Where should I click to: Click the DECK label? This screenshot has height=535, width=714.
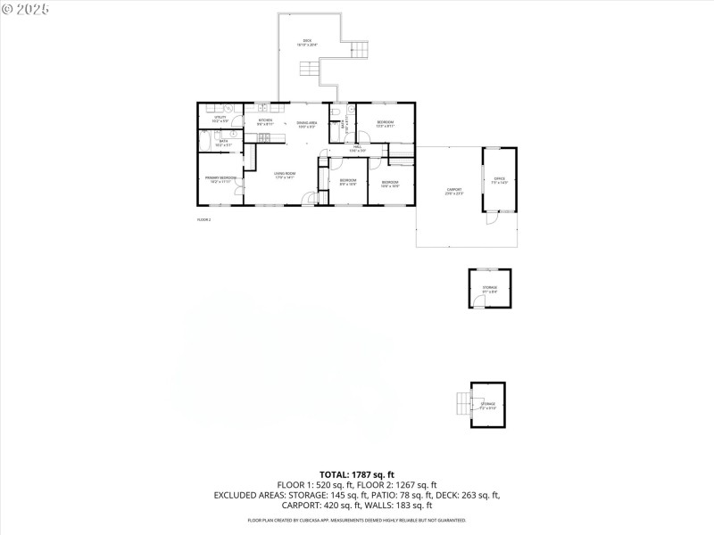(308, 41)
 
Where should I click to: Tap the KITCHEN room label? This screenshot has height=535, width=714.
(265, 121)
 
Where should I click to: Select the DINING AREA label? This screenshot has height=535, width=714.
(307, 124)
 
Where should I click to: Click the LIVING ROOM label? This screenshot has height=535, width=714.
(285, 175)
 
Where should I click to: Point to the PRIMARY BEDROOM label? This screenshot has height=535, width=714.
(220, 179)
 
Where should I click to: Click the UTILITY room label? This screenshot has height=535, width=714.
(220, 119)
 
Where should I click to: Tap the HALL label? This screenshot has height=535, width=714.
(357, 148)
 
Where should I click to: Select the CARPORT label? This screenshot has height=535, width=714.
(454, 191)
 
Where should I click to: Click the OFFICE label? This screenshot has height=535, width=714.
(500, 180)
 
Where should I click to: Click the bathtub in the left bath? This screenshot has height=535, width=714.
(204, 142)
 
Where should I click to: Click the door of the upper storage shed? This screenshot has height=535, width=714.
(479, 303)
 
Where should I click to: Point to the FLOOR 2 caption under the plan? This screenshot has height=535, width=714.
(203, 219)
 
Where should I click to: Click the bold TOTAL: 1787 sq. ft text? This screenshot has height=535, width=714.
(356, 474)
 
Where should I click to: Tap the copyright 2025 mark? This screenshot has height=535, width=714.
(25, 8)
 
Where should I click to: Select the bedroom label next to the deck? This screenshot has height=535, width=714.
(386, 123)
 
